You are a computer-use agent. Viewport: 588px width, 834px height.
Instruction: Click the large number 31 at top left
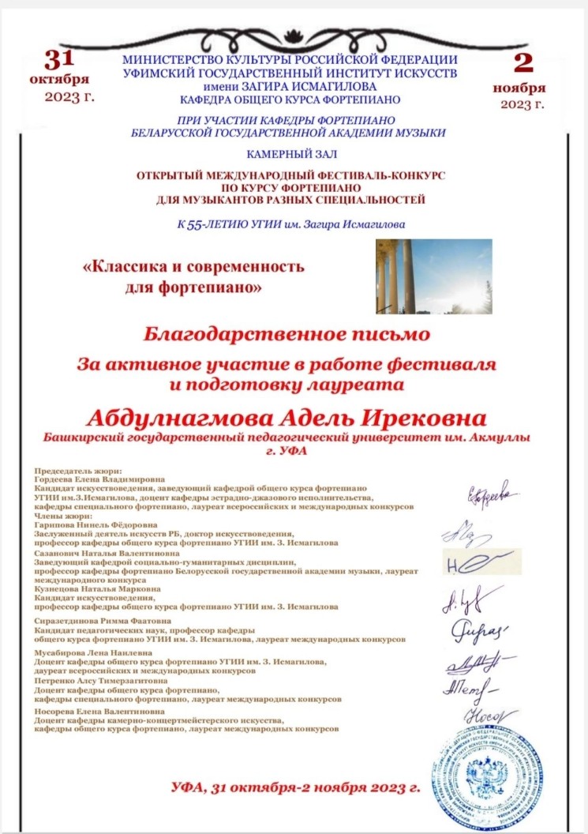58,60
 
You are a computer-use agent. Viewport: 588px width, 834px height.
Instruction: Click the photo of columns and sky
433,276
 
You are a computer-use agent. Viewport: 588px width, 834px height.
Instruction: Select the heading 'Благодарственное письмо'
287,334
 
